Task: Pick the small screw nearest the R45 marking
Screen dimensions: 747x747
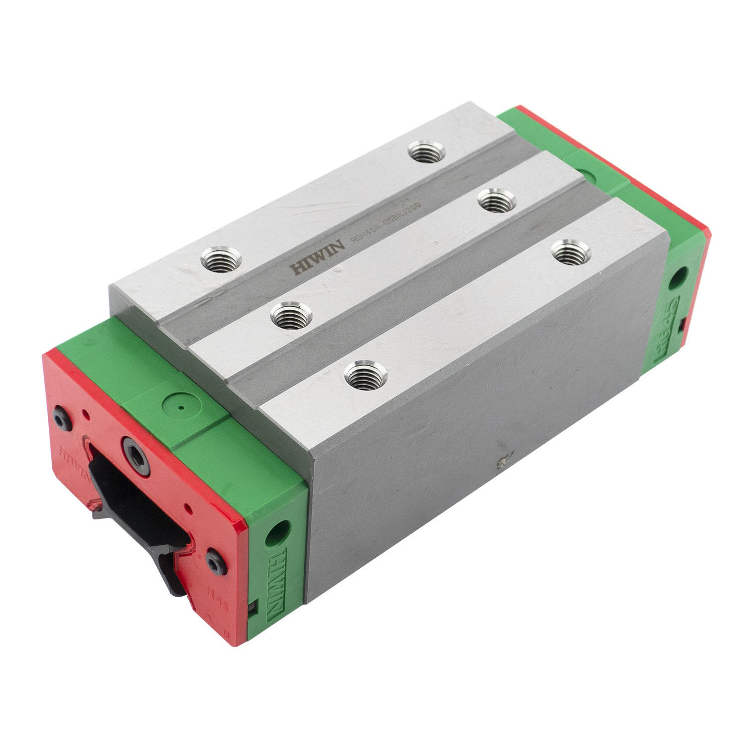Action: pyautogui.click(x=214, y=563)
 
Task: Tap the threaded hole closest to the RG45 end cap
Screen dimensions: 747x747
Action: pyautogui.click(x=572, y=251)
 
